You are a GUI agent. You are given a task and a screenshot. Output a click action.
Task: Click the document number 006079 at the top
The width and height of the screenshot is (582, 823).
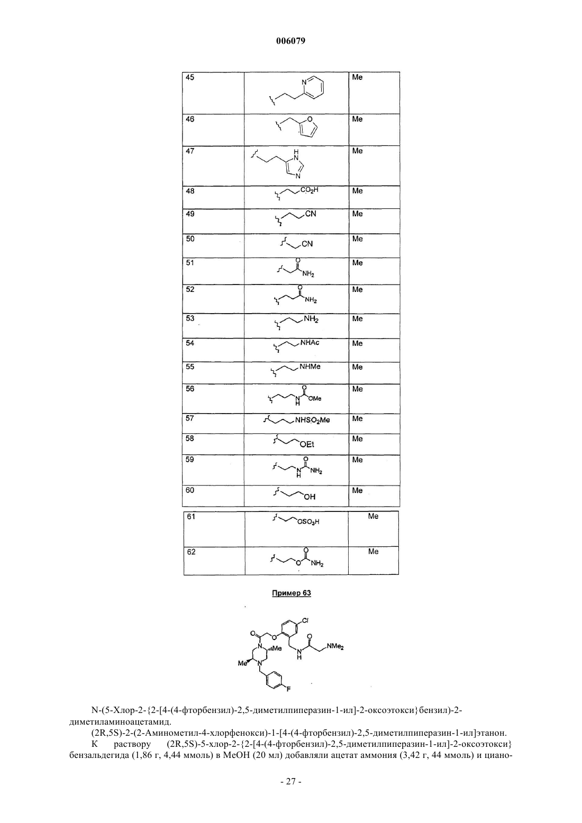click(x=290, y=41)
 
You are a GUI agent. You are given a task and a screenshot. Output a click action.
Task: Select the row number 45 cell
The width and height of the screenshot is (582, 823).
click(x=213, y=93)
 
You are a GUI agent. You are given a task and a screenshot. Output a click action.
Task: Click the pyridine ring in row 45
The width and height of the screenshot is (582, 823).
click(x=313, y=88)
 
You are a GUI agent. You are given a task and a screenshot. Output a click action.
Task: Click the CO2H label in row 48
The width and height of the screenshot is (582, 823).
click(x=310, y=190)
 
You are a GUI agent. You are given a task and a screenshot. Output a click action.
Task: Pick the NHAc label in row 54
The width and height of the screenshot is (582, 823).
click(x=310, y=342)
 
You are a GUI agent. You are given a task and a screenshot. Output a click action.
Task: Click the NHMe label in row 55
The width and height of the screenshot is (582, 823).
click(x=310, y=367)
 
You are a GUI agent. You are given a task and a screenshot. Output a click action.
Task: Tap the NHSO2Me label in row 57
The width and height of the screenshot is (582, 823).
click(x=312, y=420)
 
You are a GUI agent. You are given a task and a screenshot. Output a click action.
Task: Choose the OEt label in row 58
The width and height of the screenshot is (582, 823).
click(x=307, y=445)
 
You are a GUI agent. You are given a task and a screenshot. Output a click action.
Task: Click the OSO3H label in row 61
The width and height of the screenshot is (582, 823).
click(x=308, y=522)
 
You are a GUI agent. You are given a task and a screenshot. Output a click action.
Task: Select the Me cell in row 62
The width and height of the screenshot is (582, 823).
click(x=374, y=560)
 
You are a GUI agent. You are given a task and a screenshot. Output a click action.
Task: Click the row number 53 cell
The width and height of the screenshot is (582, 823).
click(x=213, y=325)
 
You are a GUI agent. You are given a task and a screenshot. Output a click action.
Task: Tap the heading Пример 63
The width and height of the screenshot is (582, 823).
click(x=292, y=593)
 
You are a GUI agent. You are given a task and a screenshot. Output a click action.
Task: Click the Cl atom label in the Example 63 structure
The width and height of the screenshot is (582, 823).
click(x=305, y=620)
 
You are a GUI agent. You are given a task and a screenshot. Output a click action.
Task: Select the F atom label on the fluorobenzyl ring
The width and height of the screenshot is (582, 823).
click(x=288, y=689)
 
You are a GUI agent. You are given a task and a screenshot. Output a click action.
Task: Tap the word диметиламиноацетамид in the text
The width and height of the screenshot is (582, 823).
click(x=120, y=722)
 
